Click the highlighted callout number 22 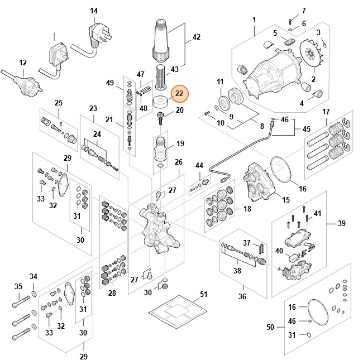(180, 94)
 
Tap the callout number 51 (203, 294)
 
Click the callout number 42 (196, 37)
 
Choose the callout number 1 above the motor (254, 21)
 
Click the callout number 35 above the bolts (18, 287)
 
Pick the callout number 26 (178, 162)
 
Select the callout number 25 (58, 103)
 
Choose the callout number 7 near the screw (304, 11)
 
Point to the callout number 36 (242, 296)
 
